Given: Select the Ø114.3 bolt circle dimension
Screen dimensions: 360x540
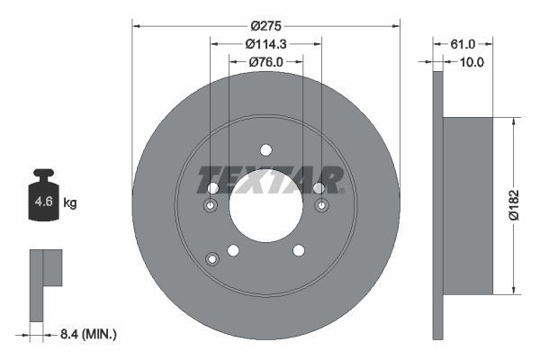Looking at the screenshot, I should pyautogui.click(x=265, y=42).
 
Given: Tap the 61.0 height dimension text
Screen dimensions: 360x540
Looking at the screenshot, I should pyautogui.click(x=462, y=43).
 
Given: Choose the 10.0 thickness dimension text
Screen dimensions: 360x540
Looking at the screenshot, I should pyautogui.click(x=472, y=62).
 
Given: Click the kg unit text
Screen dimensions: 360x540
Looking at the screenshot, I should pyautogui.click(x=70, y=203).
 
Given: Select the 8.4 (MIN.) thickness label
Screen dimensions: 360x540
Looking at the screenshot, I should pyautogui.click(x=86, y=334).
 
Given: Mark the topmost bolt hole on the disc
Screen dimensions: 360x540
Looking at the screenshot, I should pyautogui.click(x=265, y=149).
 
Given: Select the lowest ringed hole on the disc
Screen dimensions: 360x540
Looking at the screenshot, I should pyautogui.click(x=212, y=260).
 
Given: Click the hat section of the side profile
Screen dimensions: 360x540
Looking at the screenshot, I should pyautogui.click(x=469, y=204).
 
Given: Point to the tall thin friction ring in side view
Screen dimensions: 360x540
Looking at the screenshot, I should pyautogui.click(x=438, y=204).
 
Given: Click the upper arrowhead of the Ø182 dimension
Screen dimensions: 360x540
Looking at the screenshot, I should pyautogui.click(x=513, y=120).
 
